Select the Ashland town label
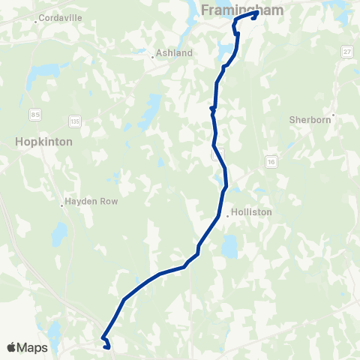pyautogui.click(x=174, y=53)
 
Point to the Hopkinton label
pyautogui.click(x=43, y=141)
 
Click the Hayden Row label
pyautogui.click(x=92, y=202)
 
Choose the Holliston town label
pyautogui.click(x=253, y=212)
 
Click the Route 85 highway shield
pyautogui.click(x=35, y=114)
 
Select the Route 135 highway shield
pyautogui.click(x=73, y=120)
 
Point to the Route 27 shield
pyautogui.click(x=346, y=51)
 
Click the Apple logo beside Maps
pyautogui.click(x=12, y=347)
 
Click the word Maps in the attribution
pyautogui.click(x=33, y=347)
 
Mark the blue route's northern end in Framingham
pyautogui.click(x=256, y=13)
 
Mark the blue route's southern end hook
pyautogui.click(x=108, y=346)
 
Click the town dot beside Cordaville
pyautogui.click(x=36, y=22)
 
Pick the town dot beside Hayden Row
pyautogui.click(x=63, y=202)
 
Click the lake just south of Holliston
pyautogui.click(x=229, y=245)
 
